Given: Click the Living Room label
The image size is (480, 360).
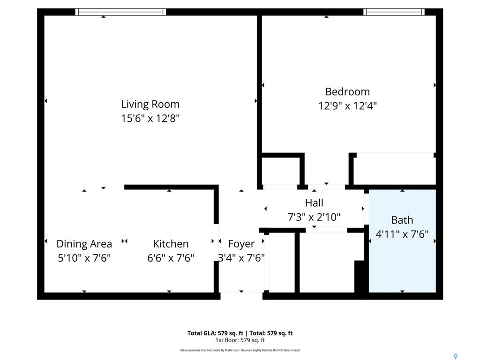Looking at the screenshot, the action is coord(150,104).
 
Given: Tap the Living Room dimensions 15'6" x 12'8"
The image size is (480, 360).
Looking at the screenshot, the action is coord(150,118).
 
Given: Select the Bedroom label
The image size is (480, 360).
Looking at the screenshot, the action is coord(347,91).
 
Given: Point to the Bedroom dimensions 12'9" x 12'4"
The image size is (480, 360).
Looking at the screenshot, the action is coord(347,106).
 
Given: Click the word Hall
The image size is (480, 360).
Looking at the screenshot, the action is coord(314,202).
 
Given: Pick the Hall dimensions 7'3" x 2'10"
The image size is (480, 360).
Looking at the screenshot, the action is coord(314,217).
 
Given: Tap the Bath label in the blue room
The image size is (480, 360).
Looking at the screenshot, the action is coord(402,220).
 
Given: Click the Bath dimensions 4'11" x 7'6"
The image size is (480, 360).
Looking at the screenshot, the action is coord(402,234).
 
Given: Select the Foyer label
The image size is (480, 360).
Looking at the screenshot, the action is coord(241,244).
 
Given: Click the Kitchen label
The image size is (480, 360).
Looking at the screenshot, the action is coord(171,244).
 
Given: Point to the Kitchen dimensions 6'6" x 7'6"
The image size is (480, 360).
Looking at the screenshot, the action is coord(171,258).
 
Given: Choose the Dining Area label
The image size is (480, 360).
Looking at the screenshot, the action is coord(84,244).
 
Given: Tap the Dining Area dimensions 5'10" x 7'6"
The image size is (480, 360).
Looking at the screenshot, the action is coord(84,258).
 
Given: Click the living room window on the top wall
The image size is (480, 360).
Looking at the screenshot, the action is coord(120,12).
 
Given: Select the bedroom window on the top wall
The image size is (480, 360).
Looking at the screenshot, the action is coord(394,12).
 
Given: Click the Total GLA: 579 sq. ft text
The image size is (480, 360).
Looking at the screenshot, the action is coord(216,333).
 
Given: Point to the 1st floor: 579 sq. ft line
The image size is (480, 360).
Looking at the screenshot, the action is coord(240,340).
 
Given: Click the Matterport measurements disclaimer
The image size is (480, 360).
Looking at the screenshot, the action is coord(240,350).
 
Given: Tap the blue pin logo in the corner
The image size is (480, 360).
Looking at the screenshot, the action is coord(456,356).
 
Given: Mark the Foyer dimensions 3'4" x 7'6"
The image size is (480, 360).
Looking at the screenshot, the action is coord(241,258).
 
